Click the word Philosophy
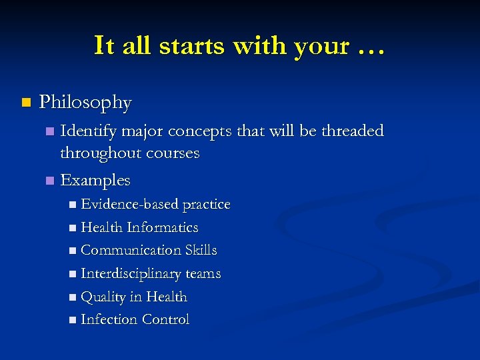click(x=85, y=103)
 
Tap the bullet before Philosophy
click(x=26, y=103)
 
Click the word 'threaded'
click(x=353, y=131)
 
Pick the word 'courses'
click(x=174, y=153)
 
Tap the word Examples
click(x=95, y=180)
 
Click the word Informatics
click(x=163, y=227)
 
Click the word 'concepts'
click(x=202, y=131)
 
